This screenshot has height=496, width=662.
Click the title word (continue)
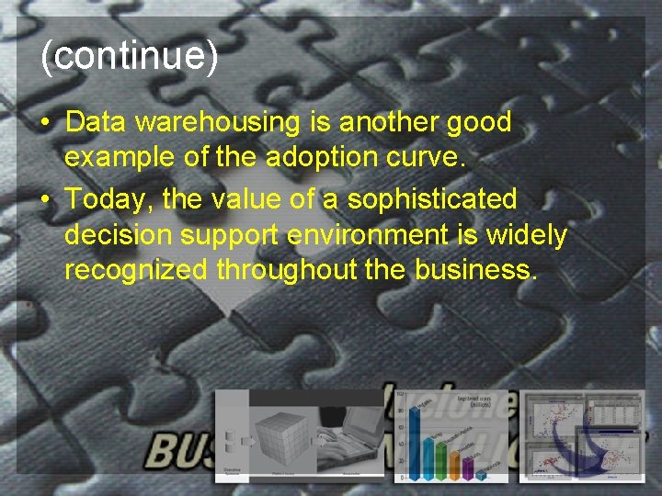coord(130,57)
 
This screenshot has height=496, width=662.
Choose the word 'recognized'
coord(137,271)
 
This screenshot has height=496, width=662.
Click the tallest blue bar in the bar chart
coord(414,441)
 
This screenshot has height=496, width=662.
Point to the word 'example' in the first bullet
coord(120,157)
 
